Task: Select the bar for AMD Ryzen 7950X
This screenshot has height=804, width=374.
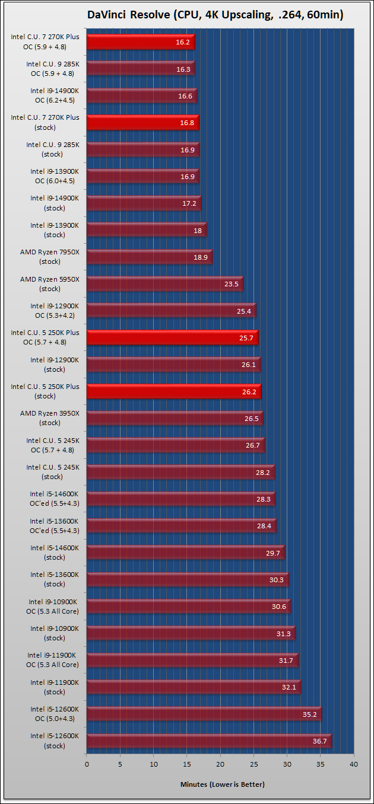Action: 149,257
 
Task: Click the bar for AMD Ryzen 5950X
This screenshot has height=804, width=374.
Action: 164,283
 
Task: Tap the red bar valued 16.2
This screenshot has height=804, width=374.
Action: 140,42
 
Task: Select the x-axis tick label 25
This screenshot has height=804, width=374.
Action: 253,764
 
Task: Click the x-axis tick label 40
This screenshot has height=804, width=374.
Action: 354,764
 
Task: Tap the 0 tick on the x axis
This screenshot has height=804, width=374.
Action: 87,764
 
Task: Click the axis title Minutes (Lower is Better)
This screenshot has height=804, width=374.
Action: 222,784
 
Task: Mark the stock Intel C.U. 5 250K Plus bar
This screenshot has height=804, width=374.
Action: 173,391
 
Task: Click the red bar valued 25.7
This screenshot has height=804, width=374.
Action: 172,337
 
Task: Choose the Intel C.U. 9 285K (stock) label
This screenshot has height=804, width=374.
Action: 52,149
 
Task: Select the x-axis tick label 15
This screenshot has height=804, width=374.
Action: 187,764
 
